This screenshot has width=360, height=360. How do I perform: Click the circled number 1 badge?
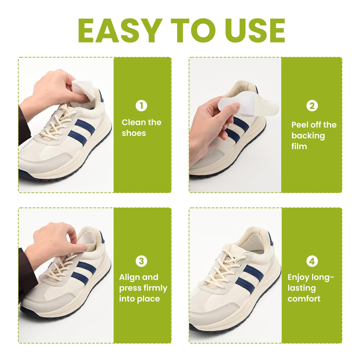141,106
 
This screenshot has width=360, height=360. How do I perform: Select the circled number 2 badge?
312,106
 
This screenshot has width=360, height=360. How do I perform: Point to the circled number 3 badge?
141,261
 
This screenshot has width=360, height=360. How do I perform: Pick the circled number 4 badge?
312,261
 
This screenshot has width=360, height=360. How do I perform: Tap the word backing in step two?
308,136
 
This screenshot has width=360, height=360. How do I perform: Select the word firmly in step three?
156,288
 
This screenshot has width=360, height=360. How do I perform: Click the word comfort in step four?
304,299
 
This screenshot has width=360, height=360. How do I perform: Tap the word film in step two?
299,146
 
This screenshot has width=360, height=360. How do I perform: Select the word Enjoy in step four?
298,278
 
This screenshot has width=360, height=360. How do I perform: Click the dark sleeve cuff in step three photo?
28,275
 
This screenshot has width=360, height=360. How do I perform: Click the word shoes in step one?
134,133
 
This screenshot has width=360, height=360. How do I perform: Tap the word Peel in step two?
300,125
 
